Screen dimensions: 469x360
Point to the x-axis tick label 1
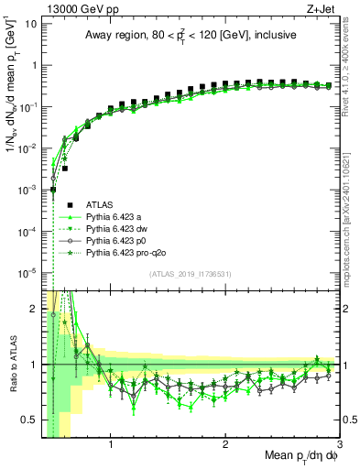111,445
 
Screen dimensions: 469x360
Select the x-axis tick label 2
225,445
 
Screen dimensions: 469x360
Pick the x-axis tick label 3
338,445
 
